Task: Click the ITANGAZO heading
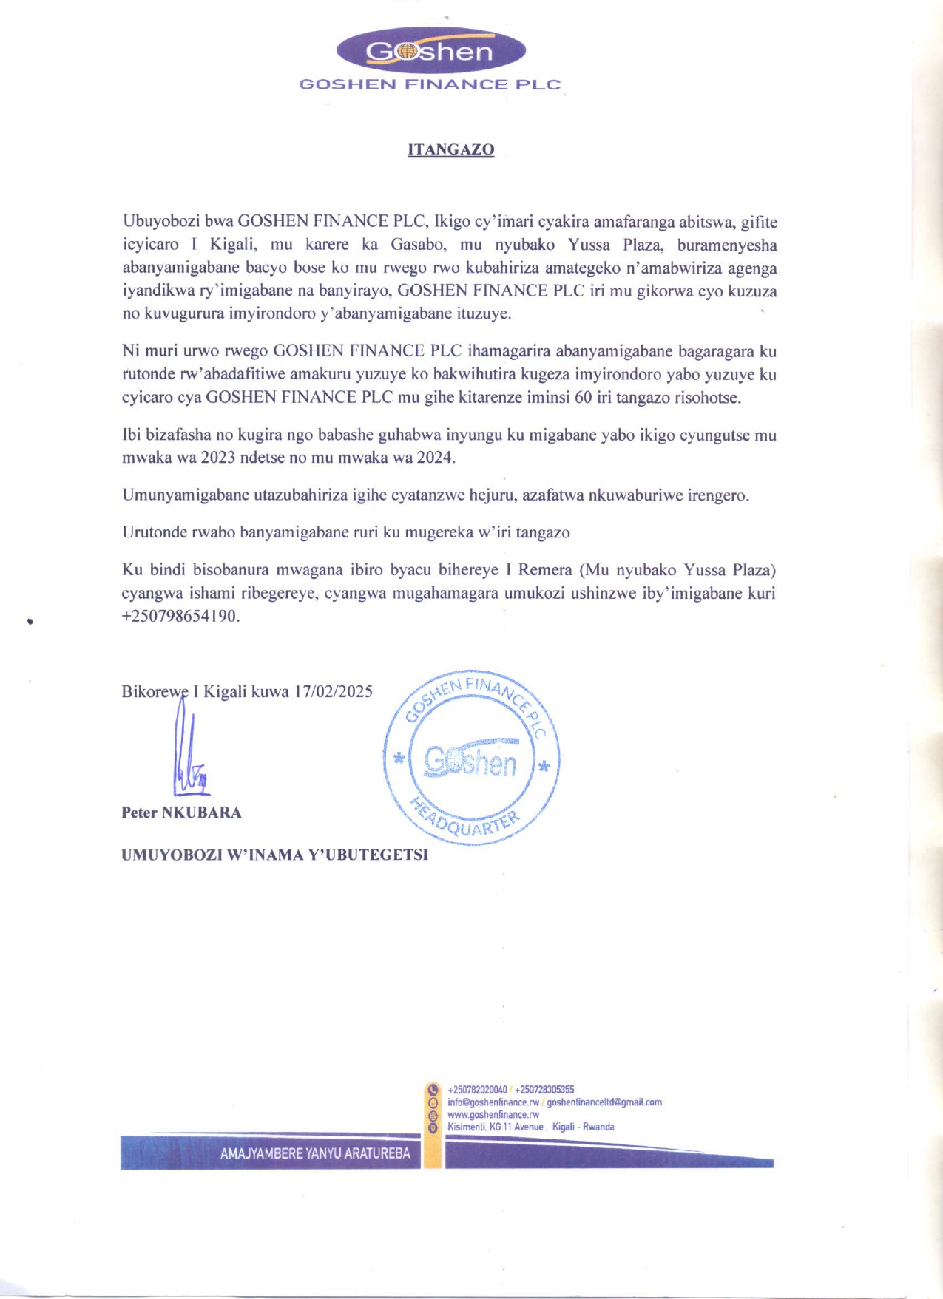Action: click(450, 149)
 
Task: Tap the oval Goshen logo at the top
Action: click(430, 51)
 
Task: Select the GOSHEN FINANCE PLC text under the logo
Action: click(430, 84)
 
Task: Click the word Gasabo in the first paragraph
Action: click(417, 245)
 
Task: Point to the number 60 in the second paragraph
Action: click(582, 397)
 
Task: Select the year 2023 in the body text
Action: click(217, 458)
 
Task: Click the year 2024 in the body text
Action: click(434, 458)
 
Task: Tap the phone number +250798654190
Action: click(180, 616)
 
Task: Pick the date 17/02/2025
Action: click(333, 691)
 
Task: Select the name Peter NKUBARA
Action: click(181, 813)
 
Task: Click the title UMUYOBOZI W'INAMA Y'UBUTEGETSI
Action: click(274, 855)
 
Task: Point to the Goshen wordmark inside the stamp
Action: click(470, 762)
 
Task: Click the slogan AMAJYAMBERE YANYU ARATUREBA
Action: click(315, 1153)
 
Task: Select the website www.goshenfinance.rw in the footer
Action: click(493, 1114)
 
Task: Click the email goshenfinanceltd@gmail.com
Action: click(604, 1102)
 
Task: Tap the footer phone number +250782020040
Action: click(478, 1089)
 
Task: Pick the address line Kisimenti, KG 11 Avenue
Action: click(496, 1127)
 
